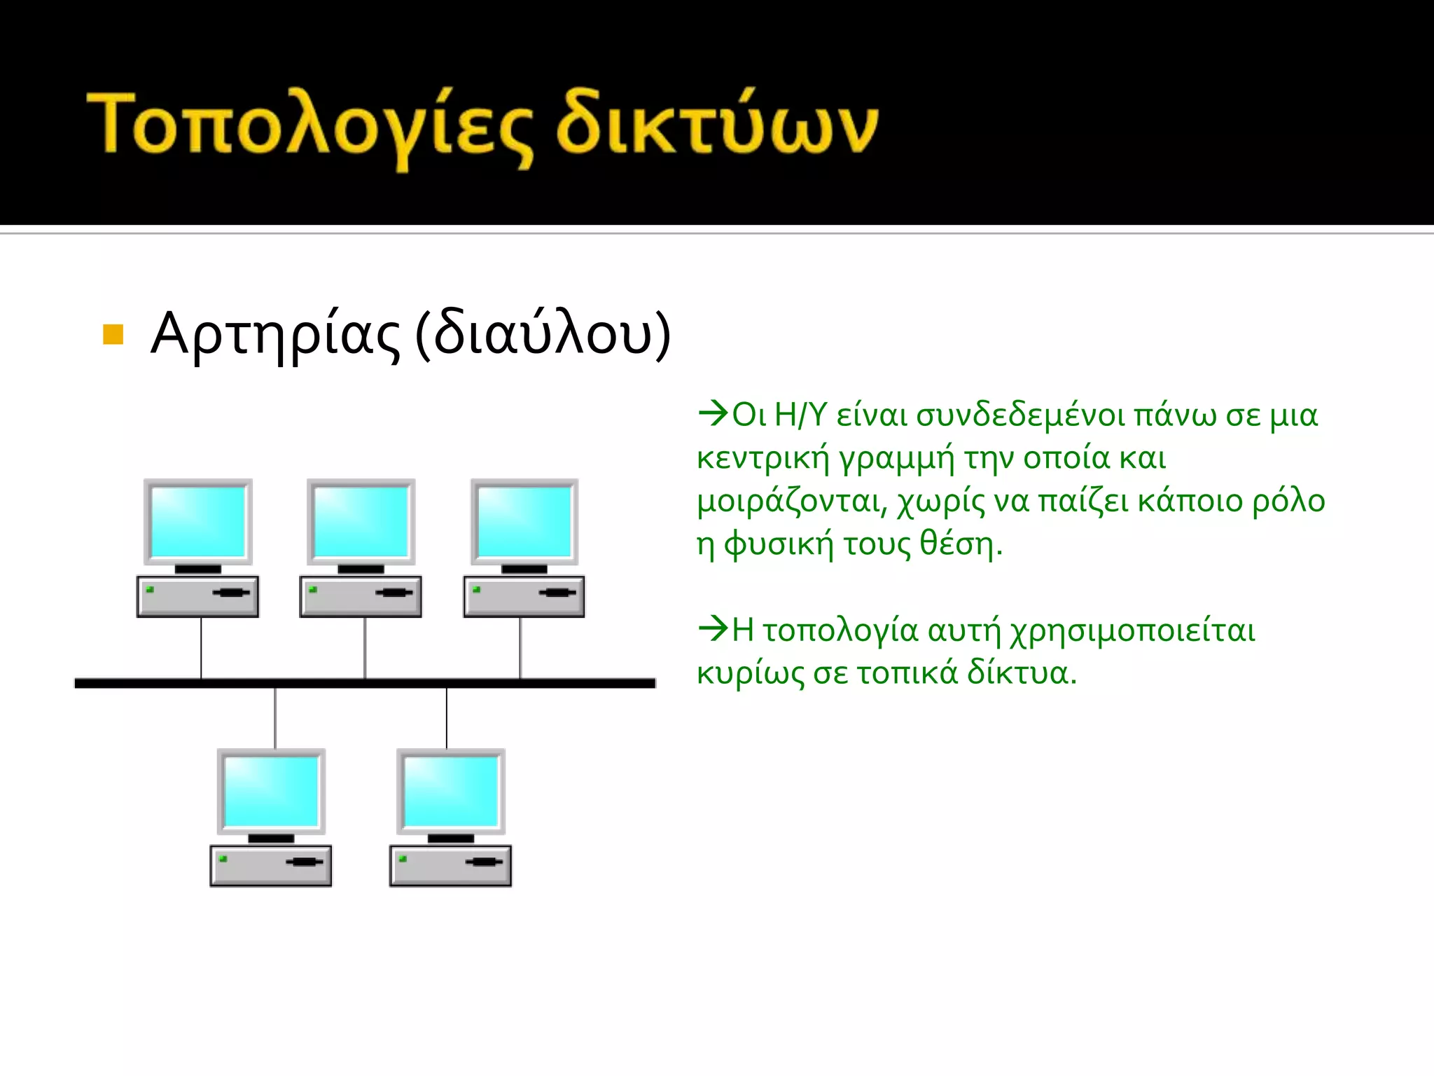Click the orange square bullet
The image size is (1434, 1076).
point(113,334)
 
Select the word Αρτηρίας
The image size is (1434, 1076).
point(275,334)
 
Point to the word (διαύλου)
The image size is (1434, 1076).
point(543,334)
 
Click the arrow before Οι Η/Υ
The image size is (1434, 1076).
point(713,413)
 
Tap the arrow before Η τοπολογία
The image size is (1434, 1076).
point(713,628)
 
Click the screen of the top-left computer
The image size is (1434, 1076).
point(198,521)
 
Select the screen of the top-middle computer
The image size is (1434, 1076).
point(361,521)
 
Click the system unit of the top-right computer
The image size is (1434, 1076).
point(524,596)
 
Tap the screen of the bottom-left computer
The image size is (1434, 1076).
point(271,792)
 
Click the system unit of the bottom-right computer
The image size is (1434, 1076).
point(450,866)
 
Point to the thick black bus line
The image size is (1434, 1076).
point(364,683)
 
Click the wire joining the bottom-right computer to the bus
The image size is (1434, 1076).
point(447,718)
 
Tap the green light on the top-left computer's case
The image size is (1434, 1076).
point(150,590)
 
